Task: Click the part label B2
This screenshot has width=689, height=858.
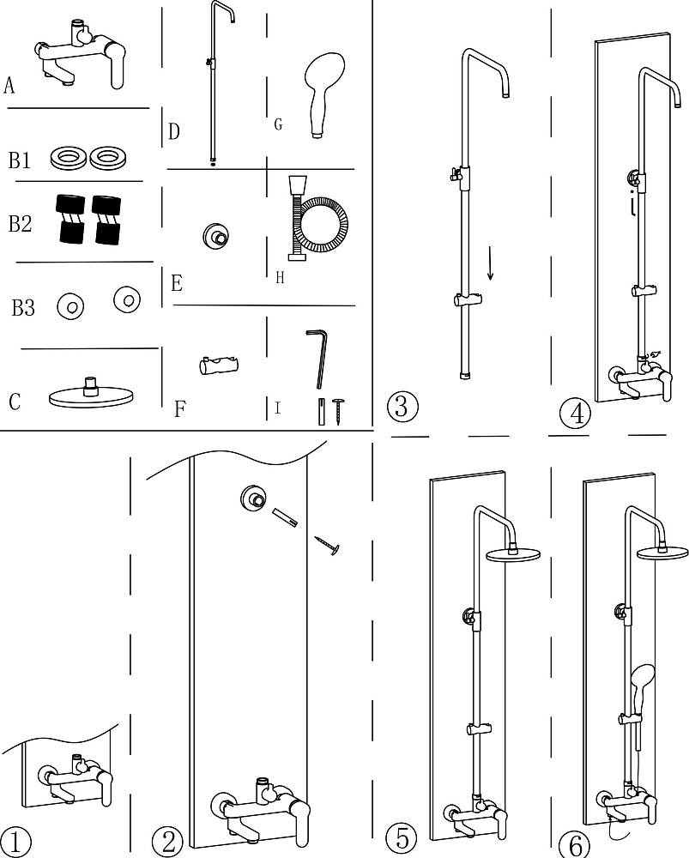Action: pyautogui.click(x=20, y=224)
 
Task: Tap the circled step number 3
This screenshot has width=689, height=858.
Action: pyautogui.click(x=402, y=407)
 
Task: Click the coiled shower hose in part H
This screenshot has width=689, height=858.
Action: pyautogui.click(x=317, y=218)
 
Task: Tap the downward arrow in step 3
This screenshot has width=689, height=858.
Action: pyautogui.click(x=490, y=263)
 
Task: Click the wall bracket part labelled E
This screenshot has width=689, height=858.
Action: pyautogui.click(x=215, y=237)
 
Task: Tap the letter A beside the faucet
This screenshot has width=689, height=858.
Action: pyautogui.click(x=9, y=85)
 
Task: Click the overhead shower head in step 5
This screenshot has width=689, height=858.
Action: pyautogui.click(x=513, y=552)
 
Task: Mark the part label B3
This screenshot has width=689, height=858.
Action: pyautogui.click(x=23, y=308)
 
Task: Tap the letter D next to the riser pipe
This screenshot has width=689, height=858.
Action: pyautogui.click(x=173, y=131)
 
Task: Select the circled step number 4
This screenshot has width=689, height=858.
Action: pyautogui.click(x=576, y=414)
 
